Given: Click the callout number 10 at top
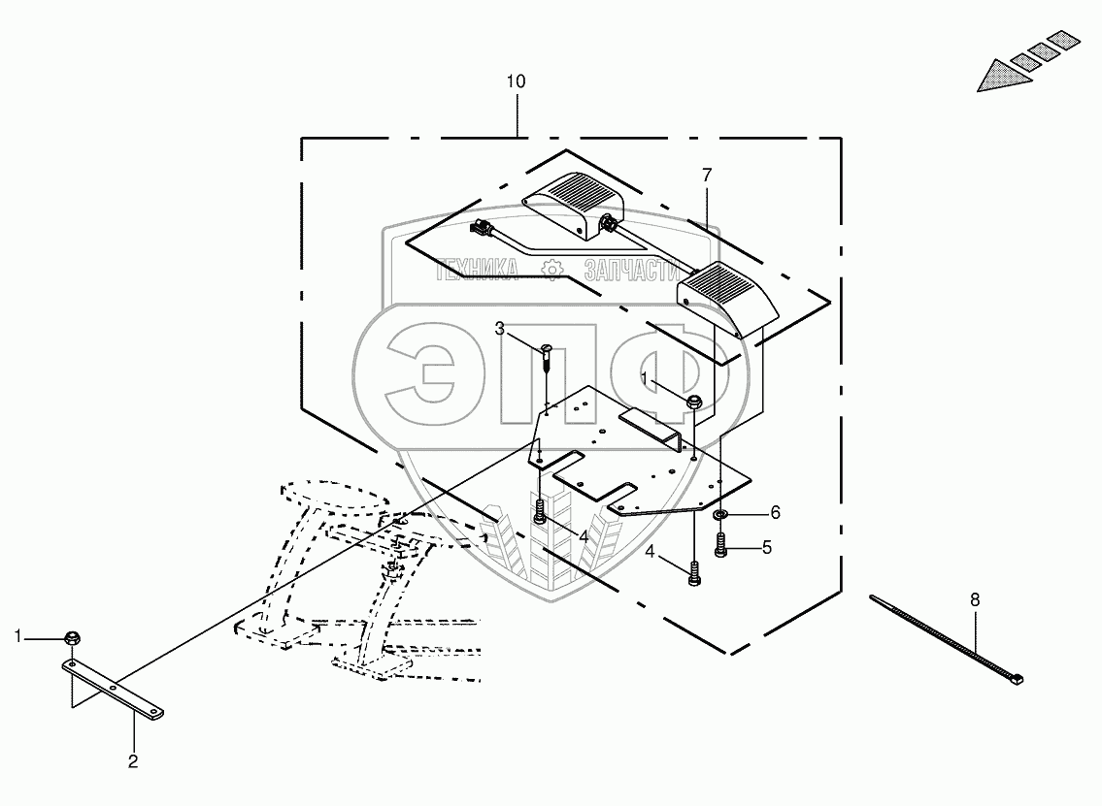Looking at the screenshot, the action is (x=516, y=81).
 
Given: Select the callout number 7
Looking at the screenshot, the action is (x=707, y=175).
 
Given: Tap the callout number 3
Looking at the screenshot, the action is (x=500, y=329).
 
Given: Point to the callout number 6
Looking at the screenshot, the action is (x=775, y=512).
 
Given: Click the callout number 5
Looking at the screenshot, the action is (x=767, y=547).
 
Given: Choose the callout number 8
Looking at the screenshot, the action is (x=975, y=600).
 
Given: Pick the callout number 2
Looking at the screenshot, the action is (x=133, y=761).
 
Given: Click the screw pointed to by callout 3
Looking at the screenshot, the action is (x=548, y=358).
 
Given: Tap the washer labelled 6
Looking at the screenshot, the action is (x=719, y=516).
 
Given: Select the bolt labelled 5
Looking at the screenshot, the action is (x=720, y=545).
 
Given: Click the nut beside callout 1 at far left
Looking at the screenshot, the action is (x=71, y=638).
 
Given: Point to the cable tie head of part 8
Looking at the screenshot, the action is (x=1017, y=678).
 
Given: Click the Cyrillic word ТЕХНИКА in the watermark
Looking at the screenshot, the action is (x=477, y=270).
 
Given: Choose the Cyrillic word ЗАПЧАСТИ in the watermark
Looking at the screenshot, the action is (x=631, y=270).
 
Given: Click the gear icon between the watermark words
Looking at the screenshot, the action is (x=553, y=270).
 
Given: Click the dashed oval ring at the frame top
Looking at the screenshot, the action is (x=335, y=484).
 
